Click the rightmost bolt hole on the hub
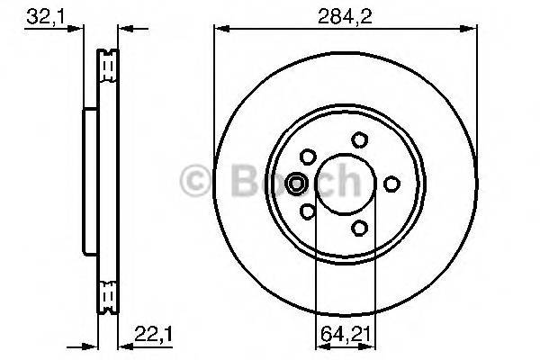pos(391,184)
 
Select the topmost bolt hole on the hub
pos(359,139)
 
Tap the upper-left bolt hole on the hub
pos(307,156)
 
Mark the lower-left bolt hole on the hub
pos(307,211)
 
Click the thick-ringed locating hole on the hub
pos(295,184)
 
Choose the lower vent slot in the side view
pos(107,294)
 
